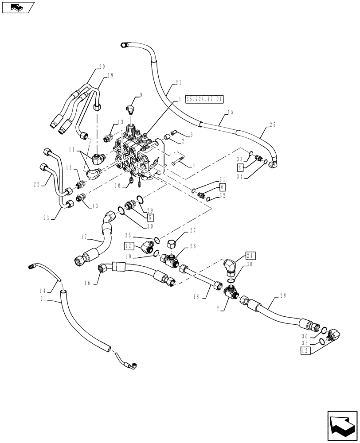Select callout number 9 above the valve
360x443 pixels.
tap(141, 94)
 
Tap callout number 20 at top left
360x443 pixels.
tap(102, 67)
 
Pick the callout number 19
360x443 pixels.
tap(110, 75)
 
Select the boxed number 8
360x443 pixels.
tap(240, 167)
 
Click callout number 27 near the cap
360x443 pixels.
tap(192, 230)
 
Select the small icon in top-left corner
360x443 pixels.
tap(18, 7)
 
